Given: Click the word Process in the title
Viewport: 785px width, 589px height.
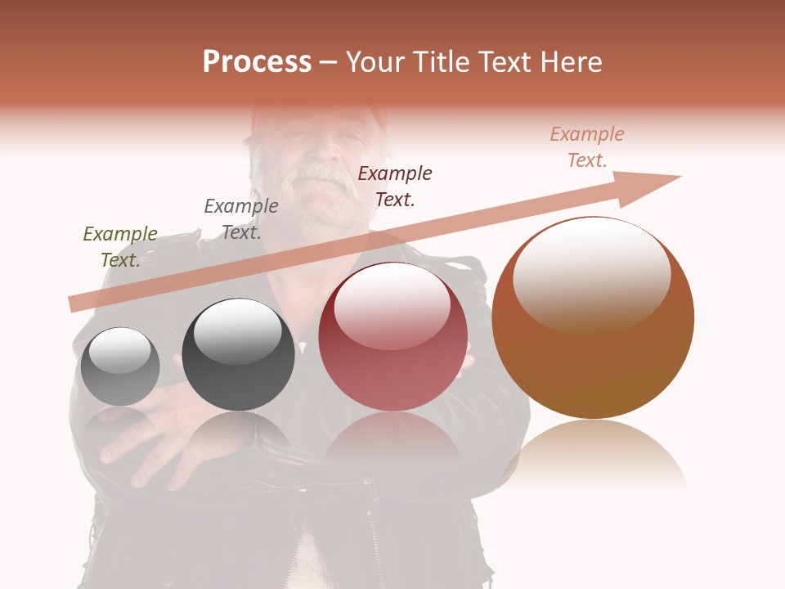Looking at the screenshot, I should pyautogui.click(x=257, y=62).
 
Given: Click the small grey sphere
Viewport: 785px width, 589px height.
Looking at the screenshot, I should pyautogui.click(x=120, y=366).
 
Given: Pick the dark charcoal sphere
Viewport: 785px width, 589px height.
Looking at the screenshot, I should pyautogui.click(x=238, y=355).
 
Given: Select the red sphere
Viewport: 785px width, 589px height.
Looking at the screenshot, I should pyautogui.click(x=392, y=337).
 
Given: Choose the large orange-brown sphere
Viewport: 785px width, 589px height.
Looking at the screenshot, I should pyautogui.click(x=593, y=318).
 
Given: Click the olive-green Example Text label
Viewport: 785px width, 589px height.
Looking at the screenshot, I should pyautogui.click(x=120, y=247).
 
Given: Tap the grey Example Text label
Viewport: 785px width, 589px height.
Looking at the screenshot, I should pyautogui.click(x=241, y=219).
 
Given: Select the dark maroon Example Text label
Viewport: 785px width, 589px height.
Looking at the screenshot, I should pyautogui.click(x=395, y=187).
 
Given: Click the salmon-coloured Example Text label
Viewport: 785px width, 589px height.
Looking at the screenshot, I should pyautogui.click(x=587, y=147).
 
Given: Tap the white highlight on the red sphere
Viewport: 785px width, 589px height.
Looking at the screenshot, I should pyautogui.click(x=392, y=303).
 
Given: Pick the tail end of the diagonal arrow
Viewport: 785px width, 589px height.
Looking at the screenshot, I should pyautogui.click(x=75, y=303).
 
